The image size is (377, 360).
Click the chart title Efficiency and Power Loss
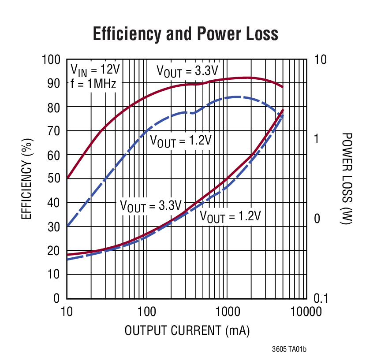point(185,34)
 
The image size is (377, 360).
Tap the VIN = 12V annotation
point(95,70)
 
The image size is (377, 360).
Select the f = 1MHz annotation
point(93,83)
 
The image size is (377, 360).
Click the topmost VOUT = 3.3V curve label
point(187,71)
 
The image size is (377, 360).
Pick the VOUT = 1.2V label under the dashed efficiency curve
point(181,141)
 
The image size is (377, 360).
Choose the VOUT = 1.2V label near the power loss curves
point(230,216)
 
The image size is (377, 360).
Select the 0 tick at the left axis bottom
point(56,298)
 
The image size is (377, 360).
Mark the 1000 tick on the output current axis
point(226,312)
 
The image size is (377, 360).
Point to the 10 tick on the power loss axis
point(320,59)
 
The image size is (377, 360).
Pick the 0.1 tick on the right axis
point(321,298)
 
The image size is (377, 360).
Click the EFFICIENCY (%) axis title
point(26,179)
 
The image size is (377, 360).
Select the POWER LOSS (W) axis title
point(347,179)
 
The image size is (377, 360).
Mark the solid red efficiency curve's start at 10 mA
point(67,178)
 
